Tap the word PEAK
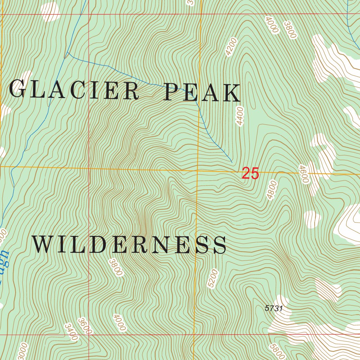coord(202,92)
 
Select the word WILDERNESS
coord(129,245)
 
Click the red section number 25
coord(250,174)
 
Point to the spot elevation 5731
coord(274,308)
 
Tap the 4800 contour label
coord(272,190)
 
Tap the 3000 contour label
coord(22,351)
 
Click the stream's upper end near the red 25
coord(232,162)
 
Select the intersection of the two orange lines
coord(198,170)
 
